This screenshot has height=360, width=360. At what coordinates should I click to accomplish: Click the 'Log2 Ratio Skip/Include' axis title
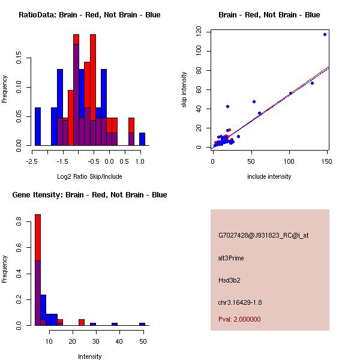89,176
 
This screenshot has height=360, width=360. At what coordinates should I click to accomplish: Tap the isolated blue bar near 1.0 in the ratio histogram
142,139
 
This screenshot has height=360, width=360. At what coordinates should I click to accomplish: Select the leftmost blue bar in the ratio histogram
38,127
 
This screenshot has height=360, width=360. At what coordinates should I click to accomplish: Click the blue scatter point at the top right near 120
325,35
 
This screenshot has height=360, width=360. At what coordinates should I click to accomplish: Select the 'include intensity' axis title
269,176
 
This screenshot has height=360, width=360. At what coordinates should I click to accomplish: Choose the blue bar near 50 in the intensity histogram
142,324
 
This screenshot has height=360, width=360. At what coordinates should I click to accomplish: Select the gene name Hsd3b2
230,280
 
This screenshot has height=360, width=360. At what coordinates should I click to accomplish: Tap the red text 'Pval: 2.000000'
239,319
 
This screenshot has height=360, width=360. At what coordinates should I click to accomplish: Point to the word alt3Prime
231,258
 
